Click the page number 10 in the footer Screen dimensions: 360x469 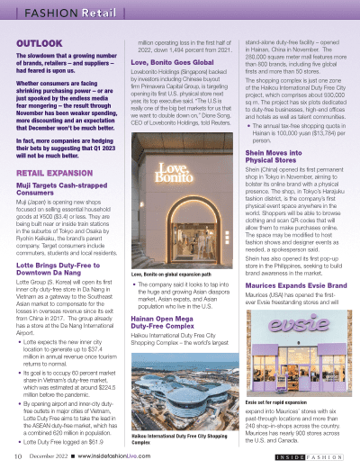18,456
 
